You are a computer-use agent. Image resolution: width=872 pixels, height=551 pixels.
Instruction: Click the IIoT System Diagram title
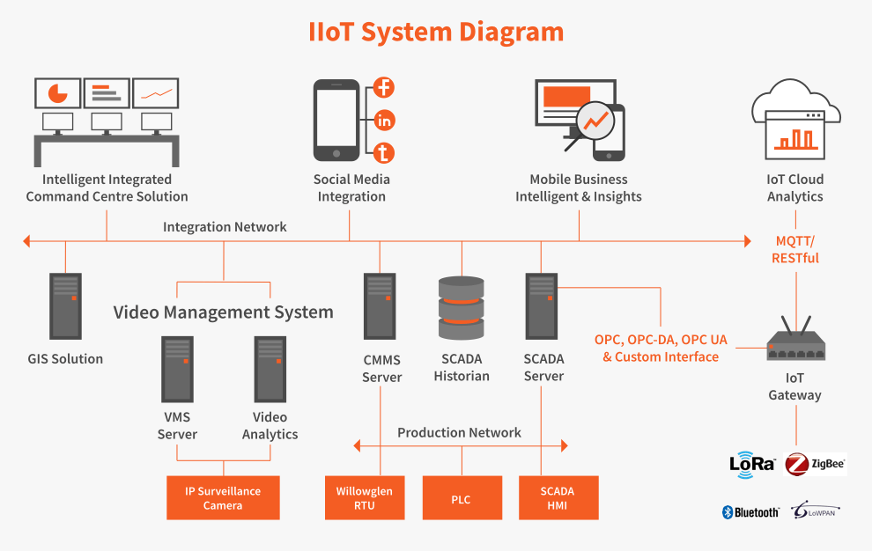[x=436, y=32]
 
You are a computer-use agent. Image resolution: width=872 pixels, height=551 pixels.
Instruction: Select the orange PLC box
[x=462, y=499]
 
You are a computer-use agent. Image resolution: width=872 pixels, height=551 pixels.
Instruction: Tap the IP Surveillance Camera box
[x=223, y=498]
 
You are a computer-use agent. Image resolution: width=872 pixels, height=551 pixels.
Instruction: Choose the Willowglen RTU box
[x=365, y=498]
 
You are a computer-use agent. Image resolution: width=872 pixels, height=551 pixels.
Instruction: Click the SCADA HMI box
[x=558, y=498]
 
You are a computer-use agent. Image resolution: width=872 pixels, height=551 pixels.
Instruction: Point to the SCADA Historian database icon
[x=462, y=308]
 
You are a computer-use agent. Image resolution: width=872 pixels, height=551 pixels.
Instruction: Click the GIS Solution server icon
[x=65, y=306]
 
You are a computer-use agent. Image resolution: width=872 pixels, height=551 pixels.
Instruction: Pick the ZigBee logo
[x=815, y=464]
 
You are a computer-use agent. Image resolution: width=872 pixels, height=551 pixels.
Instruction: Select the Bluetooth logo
[x=750, y=512]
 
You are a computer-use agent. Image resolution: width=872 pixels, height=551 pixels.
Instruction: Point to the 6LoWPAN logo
[x=814, y=511]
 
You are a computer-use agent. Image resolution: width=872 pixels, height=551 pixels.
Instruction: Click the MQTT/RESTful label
[x=795, y=249]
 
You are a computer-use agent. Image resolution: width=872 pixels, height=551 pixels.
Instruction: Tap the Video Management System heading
[x=223, y=312]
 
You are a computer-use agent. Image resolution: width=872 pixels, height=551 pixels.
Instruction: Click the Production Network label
[x=459, y=432]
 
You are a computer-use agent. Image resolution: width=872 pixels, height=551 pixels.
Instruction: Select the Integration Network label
[x=225, y=227]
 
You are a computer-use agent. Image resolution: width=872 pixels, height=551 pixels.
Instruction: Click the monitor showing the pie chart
[x=58, y=92]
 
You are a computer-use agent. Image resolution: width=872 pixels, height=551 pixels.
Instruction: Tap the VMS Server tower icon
[x=177, y=369]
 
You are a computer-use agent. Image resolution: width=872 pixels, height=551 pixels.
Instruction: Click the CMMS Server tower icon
[x=380, y=306]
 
